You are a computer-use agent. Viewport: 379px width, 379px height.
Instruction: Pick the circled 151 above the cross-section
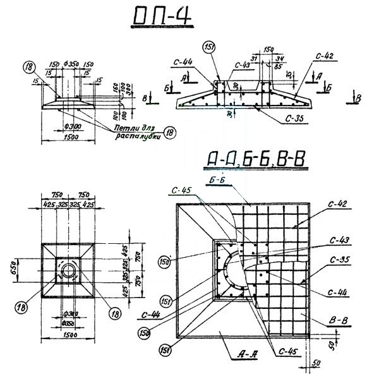208,48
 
